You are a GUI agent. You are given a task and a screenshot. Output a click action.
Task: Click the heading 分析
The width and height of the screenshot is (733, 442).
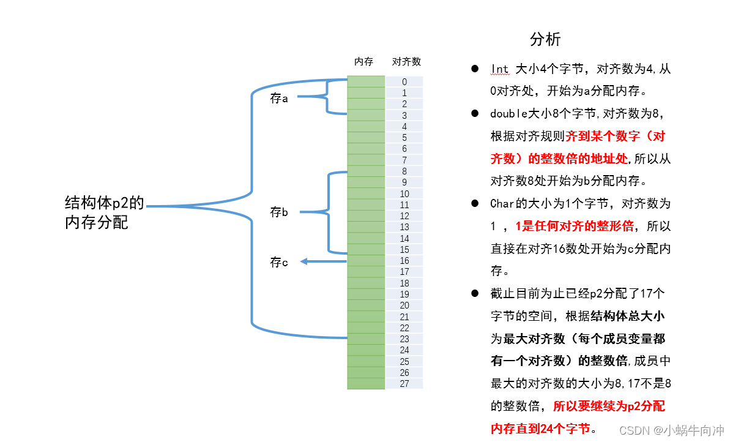pos(545,40)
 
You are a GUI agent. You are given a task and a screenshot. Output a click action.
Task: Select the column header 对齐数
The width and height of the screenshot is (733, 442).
pos(406,62)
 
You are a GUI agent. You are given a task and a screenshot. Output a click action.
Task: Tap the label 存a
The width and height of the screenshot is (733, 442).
pos(279,98)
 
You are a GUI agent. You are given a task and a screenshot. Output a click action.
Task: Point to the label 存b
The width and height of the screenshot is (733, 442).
pos(279,212)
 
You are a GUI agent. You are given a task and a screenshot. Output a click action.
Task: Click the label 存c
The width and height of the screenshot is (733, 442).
pos(279,262)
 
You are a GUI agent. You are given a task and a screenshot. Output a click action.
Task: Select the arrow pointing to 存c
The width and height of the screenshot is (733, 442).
pos(323,261)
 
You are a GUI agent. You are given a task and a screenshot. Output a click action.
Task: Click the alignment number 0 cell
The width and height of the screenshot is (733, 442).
pos(404,82)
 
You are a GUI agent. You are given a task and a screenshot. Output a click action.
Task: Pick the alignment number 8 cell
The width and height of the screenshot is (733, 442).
pos(404,171)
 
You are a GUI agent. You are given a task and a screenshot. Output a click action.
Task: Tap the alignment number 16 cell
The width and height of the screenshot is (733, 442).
pos(404,261)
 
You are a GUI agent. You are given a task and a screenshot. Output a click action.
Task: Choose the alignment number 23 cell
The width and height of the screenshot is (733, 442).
pos(404,339)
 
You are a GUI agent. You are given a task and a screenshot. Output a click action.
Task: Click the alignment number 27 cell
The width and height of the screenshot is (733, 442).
pos(404,384)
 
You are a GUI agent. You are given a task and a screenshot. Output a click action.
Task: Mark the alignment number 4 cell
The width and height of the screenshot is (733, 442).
pos(404,127)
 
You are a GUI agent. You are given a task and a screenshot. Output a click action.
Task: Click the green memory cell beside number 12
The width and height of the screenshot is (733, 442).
pos(366,216)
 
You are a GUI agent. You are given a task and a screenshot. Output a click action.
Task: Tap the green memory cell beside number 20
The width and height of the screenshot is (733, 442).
pos(366,305)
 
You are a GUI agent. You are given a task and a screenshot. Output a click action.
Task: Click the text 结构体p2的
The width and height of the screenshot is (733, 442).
pos(105,203)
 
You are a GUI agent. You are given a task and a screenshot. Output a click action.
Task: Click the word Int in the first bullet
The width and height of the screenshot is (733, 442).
pos(499,69)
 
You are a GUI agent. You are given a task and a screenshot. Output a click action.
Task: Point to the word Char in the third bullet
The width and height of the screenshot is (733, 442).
pos(502,203)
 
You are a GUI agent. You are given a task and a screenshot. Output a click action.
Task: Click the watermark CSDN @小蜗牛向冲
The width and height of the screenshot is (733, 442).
pos(671,430)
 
